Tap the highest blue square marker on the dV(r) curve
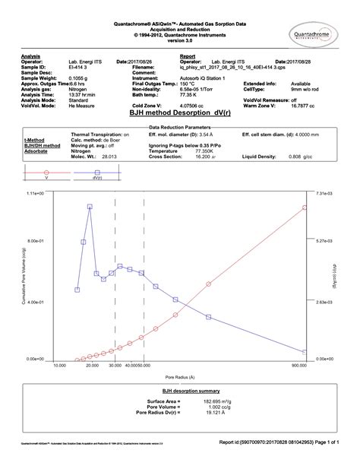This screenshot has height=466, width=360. click(90, 207)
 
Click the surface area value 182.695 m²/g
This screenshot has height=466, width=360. click(200, 401)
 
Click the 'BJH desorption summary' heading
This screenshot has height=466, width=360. click(179, 391)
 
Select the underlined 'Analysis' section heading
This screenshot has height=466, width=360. click(31, 56)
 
